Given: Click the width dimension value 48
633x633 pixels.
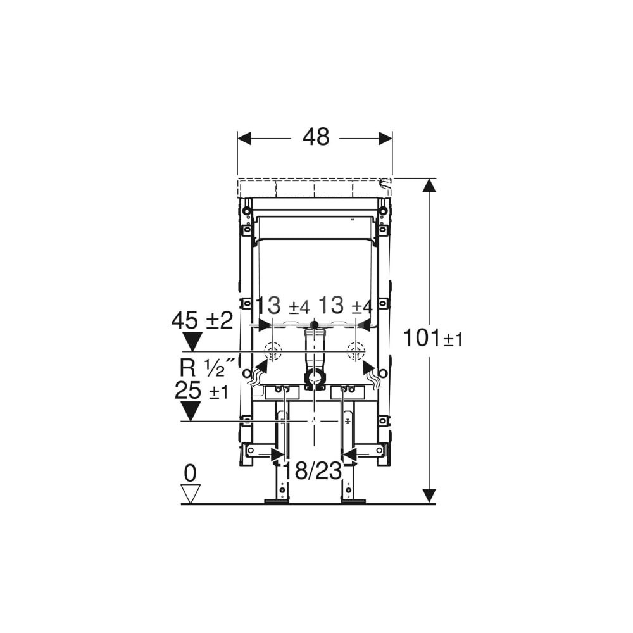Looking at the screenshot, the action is pos(316,137).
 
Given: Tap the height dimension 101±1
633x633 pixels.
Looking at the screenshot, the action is pos(433,338).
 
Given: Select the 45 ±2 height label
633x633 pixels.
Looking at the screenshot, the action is pos(203,321).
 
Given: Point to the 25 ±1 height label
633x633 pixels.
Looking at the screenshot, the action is pos(201,391).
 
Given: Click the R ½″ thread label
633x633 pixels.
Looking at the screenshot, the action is pos(207,367).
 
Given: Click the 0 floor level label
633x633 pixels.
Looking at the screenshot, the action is pos(190,474).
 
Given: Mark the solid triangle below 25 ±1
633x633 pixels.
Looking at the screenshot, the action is pos(191,411).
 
